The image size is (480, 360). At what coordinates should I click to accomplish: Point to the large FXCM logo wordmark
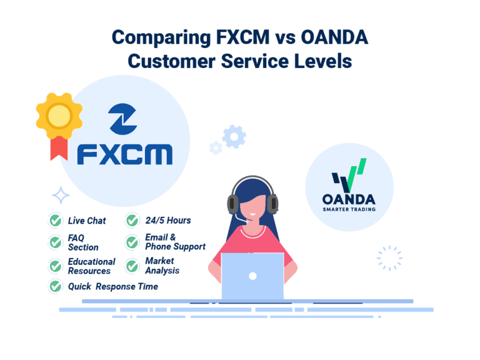125,153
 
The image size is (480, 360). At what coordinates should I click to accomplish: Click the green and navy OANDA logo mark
349,176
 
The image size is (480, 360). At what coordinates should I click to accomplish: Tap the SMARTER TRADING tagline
349,209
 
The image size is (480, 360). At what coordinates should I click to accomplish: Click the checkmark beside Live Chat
55,221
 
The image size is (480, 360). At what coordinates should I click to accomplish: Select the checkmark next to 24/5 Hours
132,221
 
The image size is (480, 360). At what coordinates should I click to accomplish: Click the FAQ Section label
83,242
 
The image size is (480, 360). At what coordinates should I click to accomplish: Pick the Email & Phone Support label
175,242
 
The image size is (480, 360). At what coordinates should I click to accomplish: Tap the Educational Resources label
91,266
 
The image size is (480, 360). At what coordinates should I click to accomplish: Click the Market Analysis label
162,266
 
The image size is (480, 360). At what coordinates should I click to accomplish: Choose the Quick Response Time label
112,286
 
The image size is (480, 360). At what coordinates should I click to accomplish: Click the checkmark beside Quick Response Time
55,286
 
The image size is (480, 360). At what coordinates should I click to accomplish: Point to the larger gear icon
234,136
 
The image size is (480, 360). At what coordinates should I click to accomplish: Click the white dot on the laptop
252,276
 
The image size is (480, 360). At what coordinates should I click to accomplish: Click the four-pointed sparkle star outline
61,196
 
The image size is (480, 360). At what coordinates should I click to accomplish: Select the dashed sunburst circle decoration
389,257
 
